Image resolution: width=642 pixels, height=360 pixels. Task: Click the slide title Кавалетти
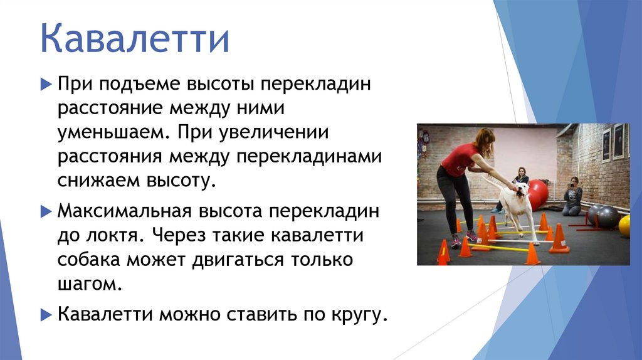135,38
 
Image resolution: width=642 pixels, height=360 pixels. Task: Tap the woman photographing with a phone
572,196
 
